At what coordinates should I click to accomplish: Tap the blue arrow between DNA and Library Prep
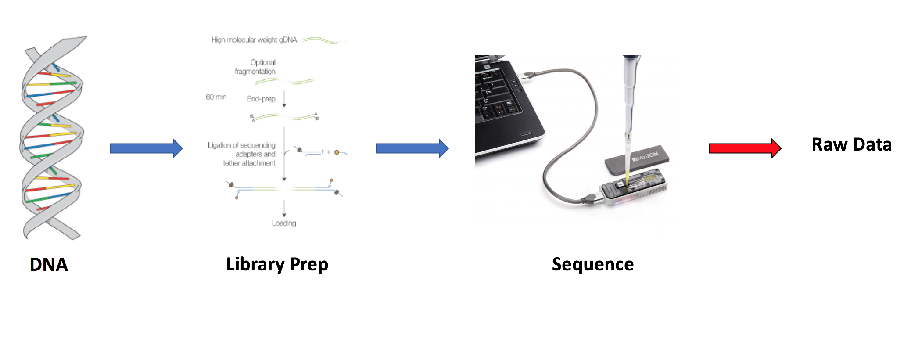tap(146, 148)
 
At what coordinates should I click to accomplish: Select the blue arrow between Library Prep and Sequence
tap(412, 148)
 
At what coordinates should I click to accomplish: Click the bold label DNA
tap(49, 265)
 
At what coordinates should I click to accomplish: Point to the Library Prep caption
tap(277, 264)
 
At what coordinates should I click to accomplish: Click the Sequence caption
tap(592, 264)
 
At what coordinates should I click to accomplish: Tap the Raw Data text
tap(851, 144)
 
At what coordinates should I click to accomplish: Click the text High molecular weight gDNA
tap(254, 40)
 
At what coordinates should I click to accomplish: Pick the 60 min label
tap(216, 97)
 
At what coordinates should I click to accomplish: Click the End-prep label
tap(261, 99)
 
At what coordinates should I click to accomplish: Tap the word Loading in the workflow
tap(284, 223)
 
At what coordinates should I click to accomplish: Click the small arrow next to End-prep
tap(284, 99)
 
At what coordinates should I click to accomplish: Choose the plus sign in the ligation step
tap(329, 152)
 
